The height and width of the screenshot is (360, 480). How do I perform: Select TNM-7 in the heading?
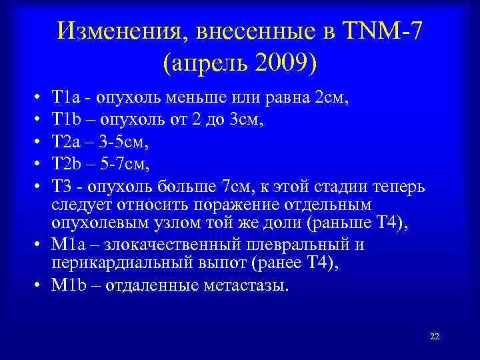click(381, 31)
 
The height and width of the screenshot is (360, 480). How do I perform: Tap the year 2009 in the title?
click(278, 64)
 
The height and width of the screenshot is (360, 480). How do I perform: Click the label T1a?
click(67, 100)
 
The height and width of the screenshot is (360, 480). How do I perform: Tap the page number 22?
click(434, 336)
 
